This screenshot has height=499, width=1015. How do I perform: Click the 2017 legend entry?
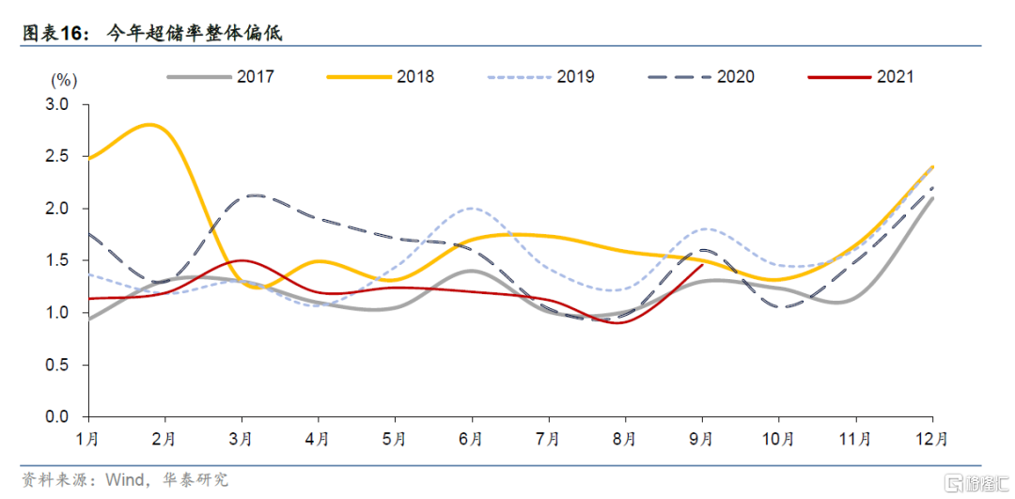click(221, 77)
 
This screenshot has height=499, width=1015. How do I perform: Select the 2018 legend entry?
click(381, 77)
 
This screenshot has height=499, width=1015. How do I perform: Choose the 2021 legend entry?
click(860, 77)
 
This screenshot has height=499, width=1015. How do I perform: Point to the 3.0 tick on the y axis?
click(57, 105)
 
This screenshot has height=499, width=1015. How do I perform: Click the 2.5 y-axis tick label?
click(57, 157)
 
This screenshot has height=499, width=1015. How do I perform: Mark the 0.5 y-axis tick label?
click(57, 365)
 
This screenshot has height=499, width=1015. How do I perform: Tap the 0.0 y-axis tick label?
click(57, 416)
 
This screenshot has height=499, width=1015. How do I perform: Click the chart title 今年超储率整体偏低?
click(193, 33)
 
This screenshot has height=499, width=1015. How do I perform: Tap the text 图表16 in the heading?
click(55, 33)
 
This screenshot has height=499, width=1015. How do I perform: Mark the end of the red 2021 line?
click(702, 265)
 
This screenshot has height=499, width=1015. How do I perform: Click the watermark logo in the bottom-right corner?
click(977, 482)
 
